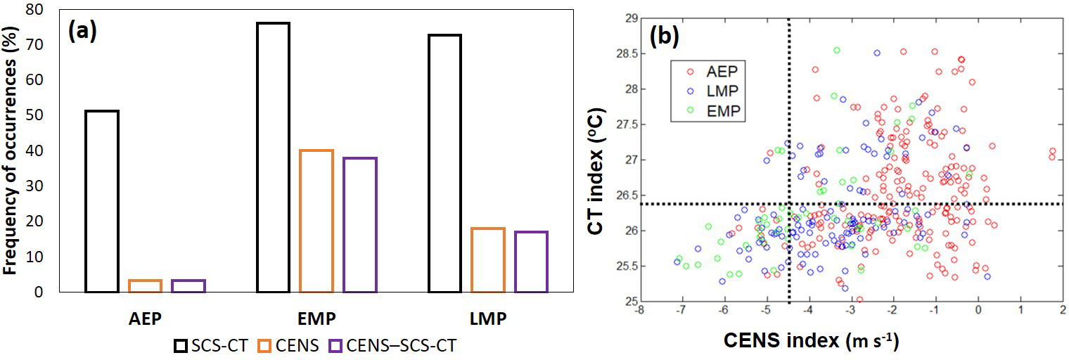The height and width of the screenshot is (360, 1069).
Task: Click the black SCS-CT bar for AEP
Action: click(101, 201)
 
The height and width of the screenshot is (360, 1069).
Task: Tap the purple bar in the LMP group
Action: click(531, 262)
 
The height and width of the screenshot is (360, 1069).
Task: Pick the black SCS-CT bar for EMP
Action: click(274, 157)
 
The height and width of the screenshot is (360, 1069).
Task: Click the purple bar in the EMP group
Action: click(359, 224)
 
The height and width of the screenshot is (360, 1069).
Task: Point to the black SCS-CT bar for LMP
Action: click(444, 163)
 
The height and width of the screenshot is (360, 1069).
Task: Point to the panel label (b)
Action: click(662, 37)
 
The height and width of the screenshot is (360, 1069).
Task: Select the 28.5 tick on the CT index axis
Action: click(621, 54)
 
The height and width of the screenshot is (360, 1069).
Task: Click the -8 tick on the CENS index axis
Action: click(639, 309)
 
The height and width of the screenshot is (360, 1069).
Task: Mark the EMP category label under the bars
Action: click(316, 318)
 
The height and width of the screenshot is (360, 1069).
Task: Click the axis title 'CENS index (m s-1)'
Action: click(811, 341)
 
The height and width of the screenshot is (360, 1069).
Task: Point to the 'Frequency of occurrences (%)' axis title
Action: click(11, 151)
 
